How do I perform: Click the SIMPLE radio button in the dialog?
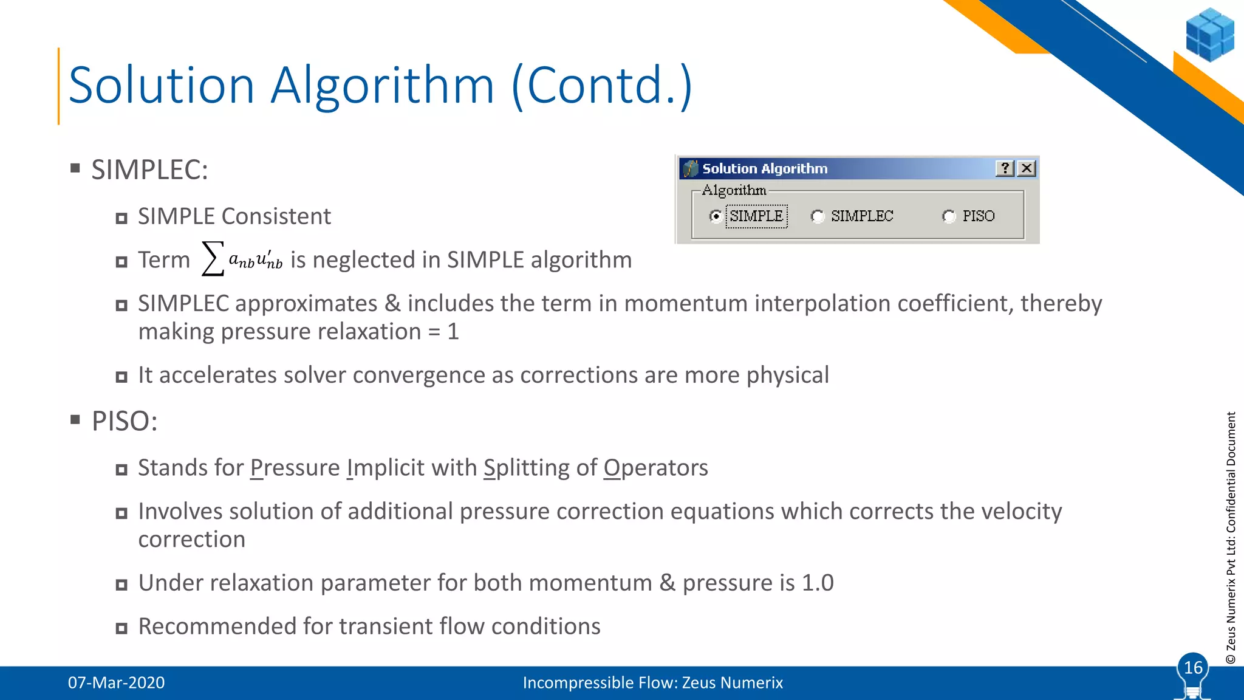pyautogui.click(x=716, y=216)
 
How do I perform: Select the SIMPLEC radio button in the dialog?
pyautogui.click(x=818, y=216)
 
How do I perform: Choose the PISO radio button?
pyautogui.click(x=949, y=216)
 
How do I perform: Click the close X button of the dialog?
pyautogui.click(x=1027, y=168)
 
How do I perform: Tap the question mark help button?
pyautogui.click(x=1005, y=168)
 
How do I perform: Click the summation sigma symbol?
pyautogui.click(x=213, y=259)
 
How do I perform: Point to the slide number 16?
pyautogui.click(x=1193, y=667)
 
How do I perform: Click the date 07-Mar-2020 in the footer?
pyautogui.click(x=116, y=682)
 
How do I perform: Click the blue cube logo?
pyautogui.click(x=1209, y=35)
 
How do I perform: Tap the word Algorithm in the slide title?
pyautogui.click(x=382, y=85)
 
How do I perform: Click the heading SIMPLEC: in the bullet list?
pyautogui.click(x=149, y=170)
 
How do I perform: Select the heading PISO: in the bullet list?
pyautogui.click(x=125, y=421)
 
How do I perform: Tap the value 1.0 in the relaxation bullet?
pyautogui.click(x=817, y=583)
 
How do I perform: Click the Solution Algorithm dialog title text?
pyautogui.click(x=765, y=168)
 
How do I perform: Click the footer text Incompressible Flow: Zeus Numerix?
pyautogui.click(x=652, y=682)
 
